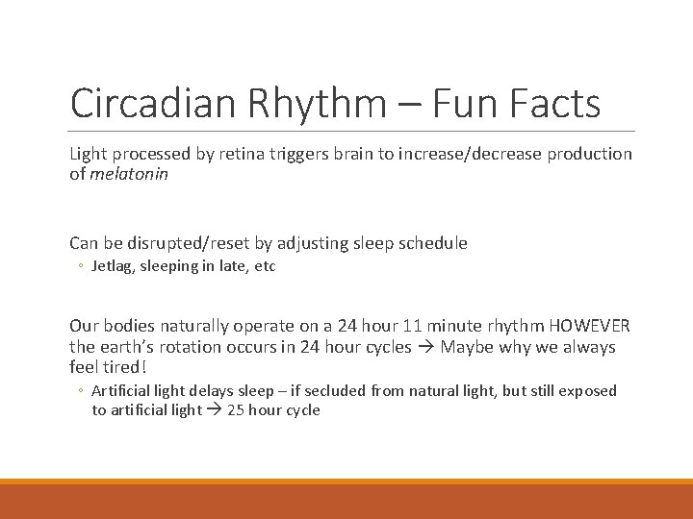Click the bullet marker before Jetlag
83,267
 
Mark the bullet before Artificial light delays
83,391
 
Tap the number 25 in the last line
236,410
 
